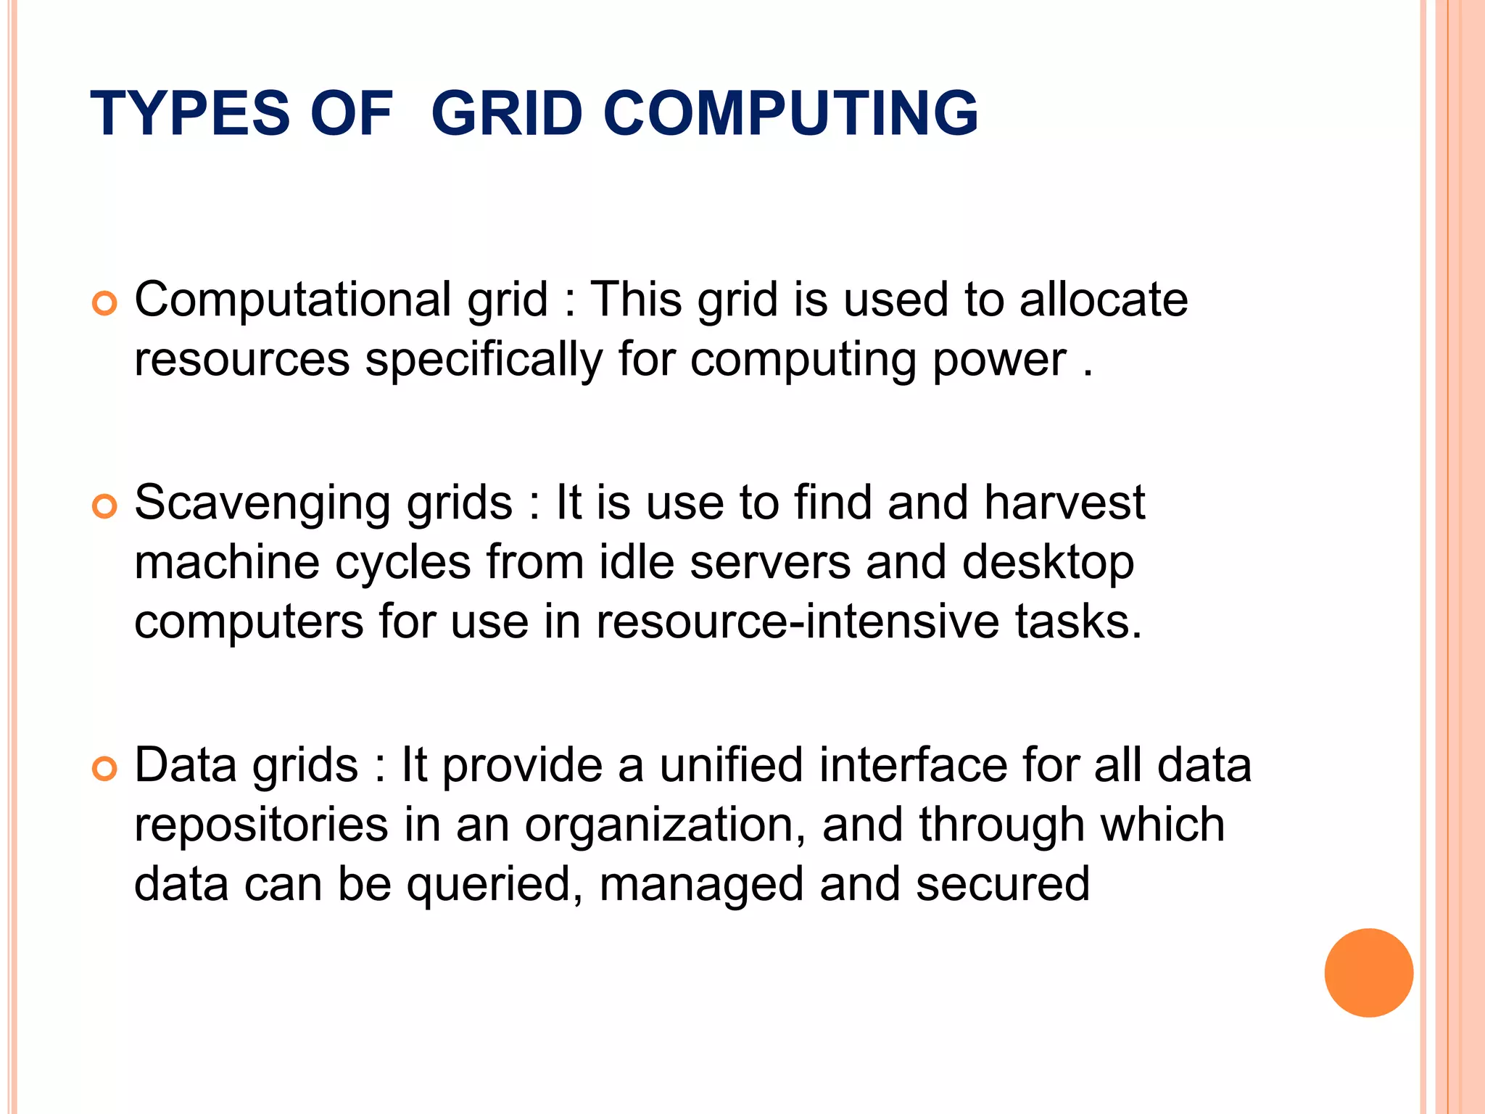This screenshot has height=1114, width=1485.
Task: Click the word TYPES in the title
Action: [190, 113]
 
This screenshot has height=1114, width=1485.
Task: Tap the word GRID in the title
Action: [507, 113]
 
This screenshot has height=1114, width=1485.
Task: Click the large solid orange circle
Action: [1368, 973]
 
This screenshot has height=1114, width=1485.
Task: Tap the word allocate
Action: [1103, 300]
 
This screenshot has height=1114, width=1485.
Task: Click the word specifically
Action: [483, 360]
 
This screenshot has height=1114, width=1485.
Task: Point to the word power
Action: [999, 360]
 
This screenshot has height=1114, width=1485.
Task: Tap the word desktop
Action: [1048, 564]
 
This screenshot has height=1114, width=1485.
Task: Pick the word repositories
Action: [262, 826]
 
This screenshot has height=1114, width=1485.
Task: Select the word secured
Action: [1002, 884]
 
